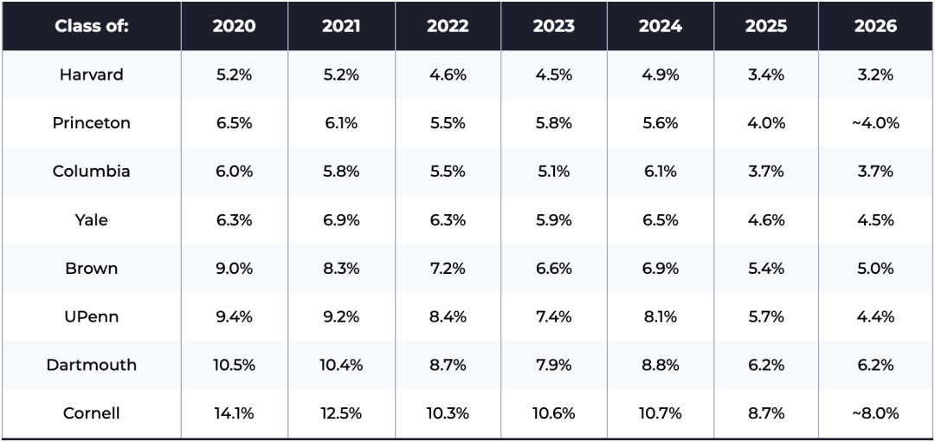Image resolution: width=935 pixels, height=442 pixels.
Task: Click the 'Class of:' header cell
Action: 91,26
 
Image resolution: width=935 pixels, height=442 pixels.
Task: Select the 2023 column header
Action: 553,26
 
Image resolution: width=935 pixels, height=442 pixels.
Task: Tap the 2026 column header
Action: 875,26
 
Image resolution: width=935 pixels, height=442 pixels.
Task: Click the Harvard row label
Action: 91,75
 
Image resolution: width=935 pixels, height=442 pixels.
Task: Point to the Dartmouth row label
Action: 91,365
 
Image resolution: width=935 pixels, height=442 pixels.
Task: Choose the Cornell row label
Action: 91,413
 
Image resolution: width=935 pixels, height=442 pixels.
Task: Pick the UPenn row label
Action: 91,316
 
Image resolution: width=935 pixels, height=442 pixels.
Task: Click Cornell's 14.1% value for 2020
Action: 234,413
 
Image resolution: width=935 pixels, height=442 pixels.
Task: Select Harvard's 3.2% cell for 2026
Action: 875,75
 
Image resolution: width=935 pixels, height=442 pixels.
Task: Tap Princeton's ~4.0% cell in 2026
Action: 875,123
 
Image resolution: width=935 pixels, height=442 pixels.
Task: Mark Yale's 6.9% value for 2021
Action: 340,220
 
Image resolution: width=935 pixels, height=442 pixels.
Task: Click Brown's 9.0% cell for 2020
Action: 234,269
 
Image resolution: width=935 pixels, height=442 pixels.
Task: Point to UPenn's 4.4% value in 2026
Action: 875,316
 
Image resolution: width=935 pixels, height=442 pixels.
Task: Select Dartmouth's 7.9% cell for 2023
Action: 553,365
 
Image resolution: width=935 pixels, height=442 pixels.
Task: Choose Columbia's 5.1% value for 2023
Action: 553,172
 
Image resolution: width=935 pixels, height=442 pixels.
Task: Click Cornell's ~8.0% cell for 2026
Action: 875,413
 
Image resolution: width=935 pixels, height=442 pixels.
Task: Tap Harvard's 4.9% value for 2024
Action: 660,75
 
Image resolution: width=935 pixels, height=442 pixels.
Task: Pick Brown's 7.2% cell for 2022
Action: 447,269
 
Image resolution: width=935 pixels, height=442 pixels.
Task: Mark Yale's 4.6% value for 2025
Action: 765,220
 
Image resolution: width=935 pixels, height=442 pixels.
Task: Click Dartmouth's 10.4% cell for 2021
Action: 340,365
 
